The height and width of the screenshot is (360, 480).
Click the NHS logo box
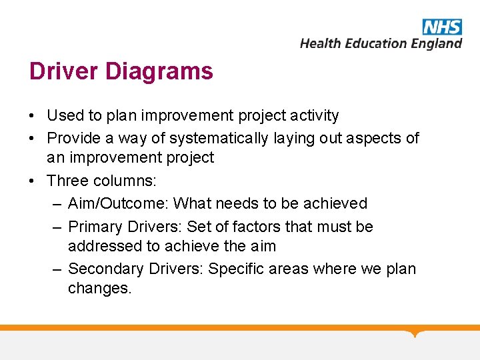point(441,27)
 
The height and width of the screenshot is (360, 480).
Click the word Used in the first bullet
point(65,116)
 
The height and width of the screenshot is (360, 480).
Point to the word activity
point(315,116)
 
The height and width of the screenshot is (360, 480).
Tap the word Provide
point(74,138)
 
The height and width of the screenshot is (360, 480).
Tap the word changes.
point(100,289)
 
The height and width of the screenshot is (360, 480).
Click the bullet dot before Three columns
point(33,181)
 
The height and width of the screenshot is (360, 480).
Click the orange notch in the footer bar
point(416,332)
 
